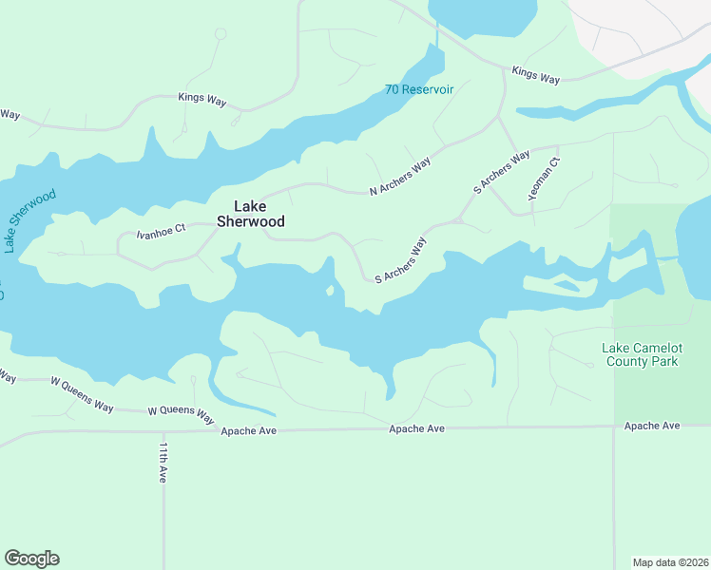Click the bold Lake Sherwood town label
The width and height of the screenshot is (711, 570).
(251, 214)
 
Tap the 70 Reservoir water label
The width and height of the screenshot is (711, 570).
(419, 89)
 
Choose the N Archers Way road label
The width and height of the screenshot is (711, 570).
(400, 177)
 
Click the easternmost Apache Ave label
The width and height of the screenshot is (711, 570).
(652, 426)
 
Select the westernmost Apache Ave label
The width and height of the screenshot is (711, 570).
(248, 430)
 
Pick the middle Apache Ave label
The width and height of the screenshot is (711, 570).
(416, 429)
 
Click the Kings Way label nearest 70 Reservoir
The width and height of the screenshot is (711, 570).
(535, 74)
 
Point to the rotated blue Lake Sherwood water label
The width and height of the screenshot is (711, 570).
(29, 220)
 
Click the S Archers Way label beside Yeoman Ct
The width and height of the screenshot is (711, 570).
(501, 173)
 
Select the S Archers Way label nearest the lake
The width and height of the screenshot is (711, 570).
(400, 261)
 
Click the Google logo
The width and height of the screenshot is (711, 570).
(31, 559)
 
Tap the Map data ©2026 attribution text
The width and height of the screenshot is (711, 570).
(670, 561)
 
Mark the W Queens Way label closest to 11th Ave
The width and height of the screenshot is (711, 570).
(181, 411)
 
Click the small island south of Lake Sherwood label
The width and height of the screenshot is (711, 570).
(330, 289)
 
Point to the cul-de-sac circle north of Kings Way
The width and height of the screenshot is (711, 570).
(221, 34)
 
